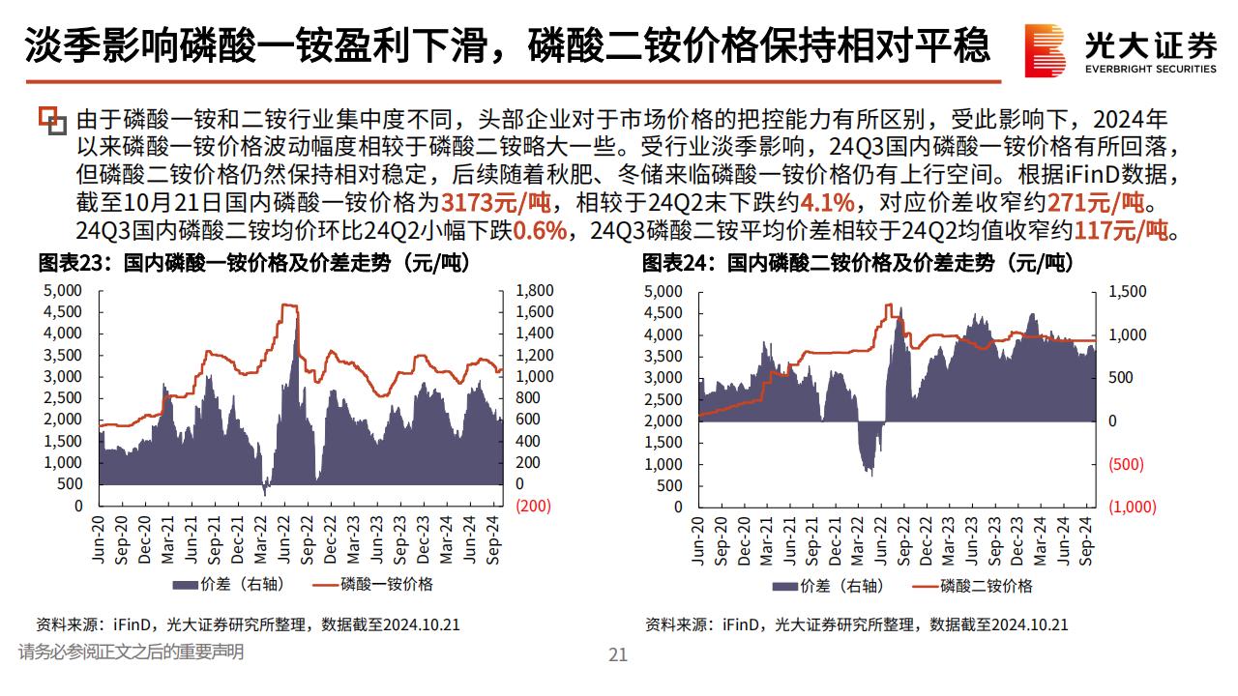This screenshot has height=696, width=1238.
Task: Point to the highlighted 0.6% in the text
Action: [539, 232]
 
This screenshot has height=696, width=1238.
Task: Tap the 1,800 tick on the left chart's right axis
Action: [534, 291]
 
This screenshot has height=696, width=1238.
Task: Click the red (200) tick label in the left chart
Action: [534, 506]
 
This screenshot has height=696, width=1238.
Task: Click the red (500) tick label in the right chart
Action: [1125, 464]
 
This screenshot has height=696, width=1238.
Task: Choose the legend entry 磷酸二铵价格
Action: [987, 585]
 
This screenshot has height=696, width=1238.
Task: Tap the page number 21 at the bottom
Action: [618, 654]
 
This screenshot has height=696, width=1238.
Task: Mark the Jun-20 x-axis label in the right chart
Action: [698, 542]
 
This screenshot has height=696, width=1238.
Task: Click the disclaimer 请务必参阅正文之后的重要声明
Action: [131, 652]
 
